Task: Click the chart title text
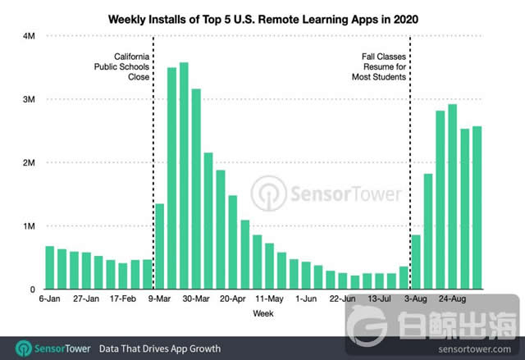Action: coord(262,17)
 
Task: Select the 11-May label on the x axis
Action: coord(269,300)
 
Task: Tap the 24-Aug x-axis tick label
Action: coord(452,300)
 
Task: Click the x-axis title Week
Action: coord(262,314)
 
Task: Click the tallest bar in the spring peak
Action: coord(184,176)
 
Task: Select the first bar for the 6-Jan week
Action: coord(50,267)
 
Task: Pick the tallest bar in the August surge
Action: coord(452,197)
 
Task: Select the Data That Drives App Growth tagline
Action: coord(160,349)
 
